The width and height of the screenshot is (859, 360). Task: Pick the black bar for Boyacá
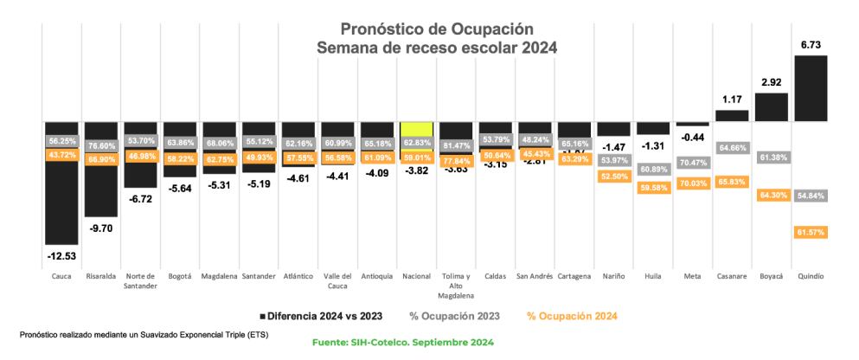[x=771, y=106]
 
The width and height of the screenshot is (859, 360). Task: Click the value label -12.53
[x=62, y=256]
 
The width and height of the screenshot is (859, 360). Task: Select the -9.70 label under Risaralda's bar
[x=101, y=228]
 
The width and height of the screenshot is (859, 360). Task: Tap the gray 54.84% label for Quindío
[x=811, y=196]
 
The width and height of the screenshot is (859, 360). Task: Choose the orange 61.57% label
[x=811, y=232]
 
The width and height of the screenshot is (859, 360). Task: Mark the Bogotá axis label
[x=180, y=276]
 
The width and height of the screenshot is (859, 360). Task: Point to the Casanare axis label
[x=732, y=276]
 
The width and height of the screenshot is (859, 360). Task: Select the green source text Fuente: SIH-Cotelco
[x=402, y=344]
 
